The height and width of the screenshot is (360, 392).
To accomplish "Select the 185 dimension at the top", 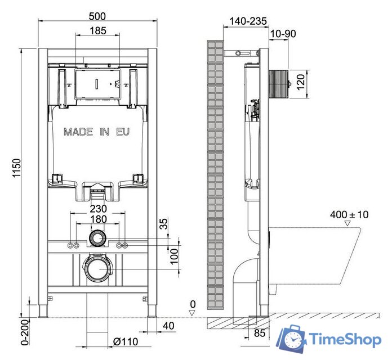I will pos(97,31).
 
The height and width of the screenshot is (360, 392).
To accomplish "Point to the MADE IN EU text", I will pos(96,132).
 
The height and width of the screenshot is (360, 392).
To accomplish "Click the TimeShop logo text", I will pos(345,340).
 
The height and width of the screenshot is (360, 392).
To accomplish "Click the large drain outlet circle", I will pos(97,269).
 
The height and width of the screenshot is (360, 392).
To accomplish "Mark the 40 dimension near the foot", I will pos(168,326).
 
